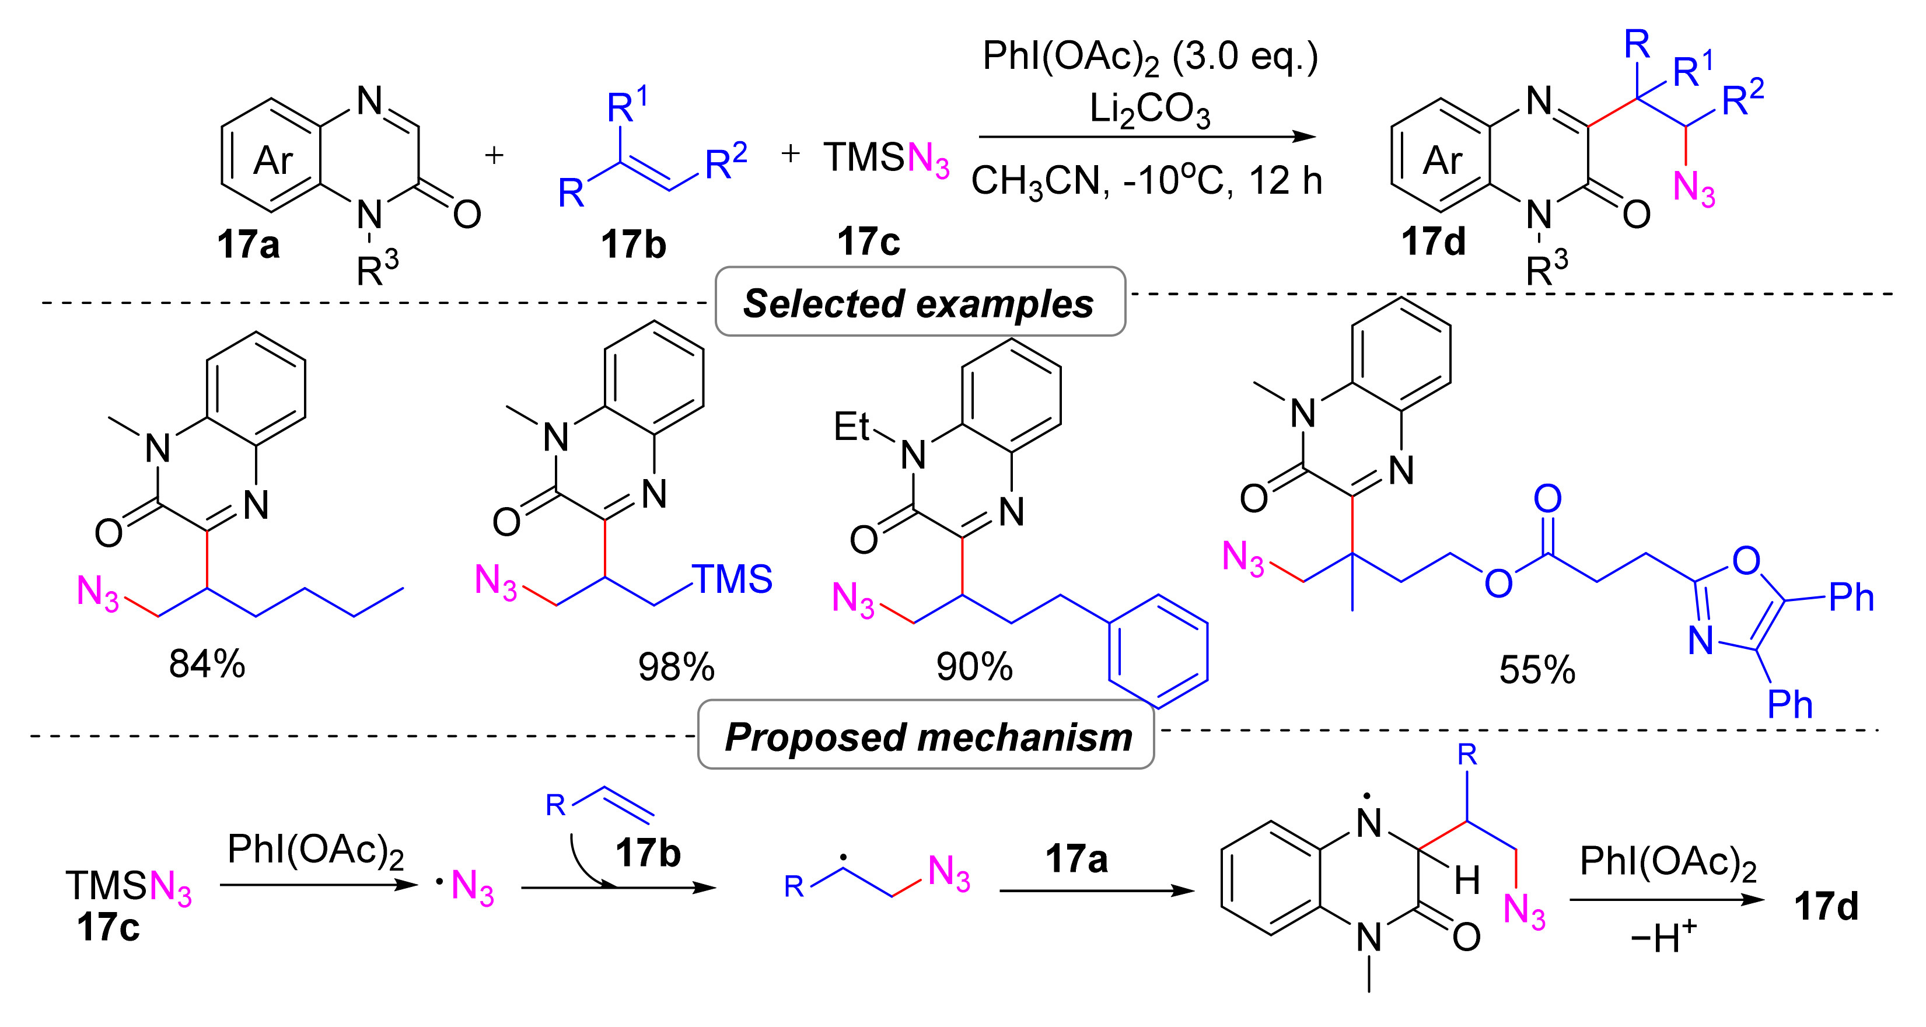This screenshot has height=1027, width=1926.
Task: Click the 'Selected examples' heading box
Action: point(920,302)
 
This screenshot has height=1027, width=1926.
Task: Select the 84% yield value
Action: point(207,663)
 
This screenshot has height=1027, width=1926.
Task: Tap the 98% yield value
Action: point(676,666)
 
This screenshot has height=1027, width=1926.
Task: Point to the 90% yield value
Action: point(974,666)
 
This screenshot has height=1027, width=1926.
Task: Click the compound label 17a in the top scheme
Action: point(248,244)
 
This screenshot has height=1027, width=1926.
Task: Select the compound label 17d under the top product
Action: point(1432,242)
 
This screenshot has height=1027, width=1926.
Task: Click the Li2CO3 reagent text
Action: point(1149,110)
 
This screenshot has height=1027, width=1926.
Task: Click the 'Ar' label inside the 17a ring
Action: point(274,160)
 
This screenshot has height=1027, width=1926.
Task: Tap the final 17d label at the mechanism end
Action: point(1826,906)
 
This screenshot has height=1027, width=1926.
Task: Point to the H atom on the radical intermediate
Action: point(1467,881)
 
